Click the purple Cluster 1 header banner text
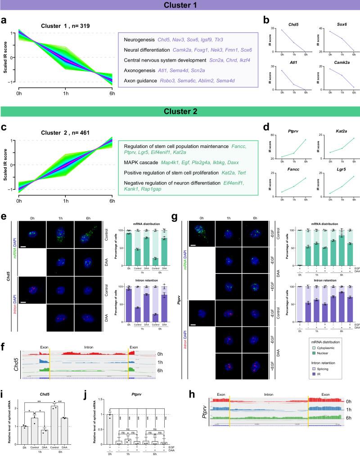pos(180,6)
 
